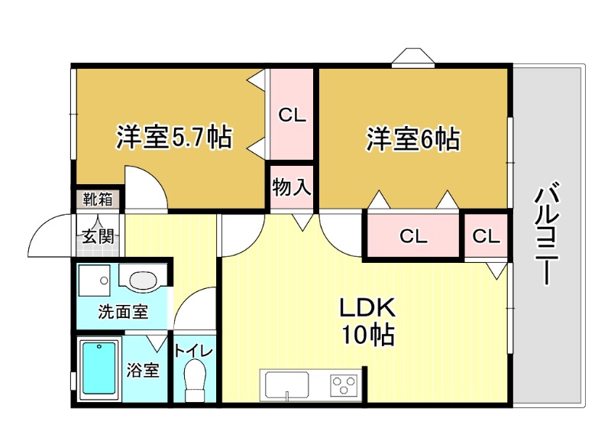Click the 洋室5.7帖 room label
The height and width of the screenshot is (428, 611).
point(174,138)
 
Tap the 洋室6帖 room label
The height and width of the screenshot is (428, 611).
point(412,139)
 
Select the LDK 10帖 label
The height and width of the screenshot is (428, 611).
point(367,321)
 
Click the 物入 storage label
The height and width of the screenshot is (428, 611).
point(291,187)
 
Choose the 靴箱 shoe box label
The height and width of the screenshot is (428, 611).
point(98,200)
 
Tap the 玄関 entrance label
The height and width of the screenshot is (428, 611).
point(98,236)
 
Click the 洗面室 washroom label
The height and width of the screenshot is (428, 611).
point(122,312)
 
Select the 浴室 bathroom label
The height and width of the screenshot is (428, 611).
point(143,371)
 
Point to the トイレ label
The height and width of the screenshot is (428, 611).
point(194,352)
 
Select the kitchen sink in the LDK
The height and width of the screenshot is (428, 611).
point(285,384)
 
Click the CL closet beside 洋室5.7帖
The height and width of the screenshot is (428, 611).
point(291,115)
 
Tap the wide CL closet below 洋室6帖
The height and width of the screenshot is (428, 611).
point(413,236)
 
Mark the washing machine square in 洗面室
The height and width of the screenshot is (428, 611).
point(95,280)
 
